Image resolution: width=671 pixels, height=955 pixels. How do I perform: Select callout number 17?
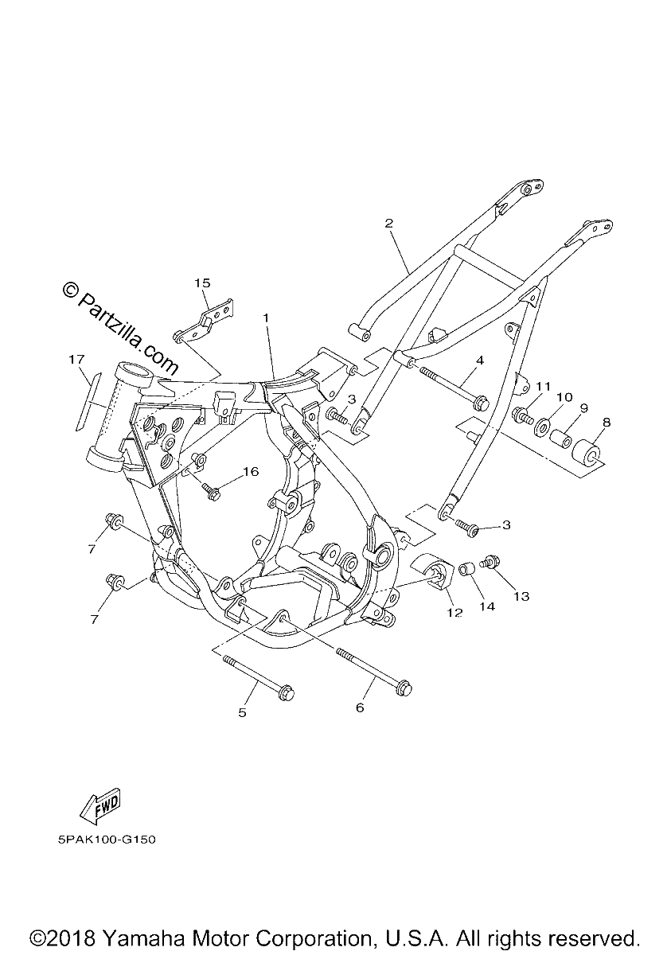tap(77, 360)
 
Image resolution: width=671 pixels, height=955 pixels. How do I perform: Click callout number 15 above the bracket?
tap(202, 283)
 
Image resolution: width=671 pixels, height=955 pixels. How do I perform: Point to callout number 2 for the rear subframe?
tap(388, 223)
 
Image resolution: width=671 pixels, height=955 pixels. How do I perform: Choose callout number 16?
tap(251, 471)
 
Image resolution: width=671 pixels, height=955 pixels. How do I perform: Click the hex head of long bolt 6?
tap(404, 688)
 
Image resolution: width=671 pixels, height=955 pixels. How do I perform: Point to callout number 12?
tap(454, 613)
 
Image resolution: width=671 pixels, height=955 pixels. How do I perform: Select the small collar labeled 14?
tap(466, 569)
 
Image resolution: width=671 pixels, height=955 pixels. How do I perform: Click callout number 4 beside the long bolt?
tap(480, 361)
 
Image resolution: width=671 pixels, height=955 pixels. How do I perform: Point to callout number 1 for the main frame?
tap(267, 318)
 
